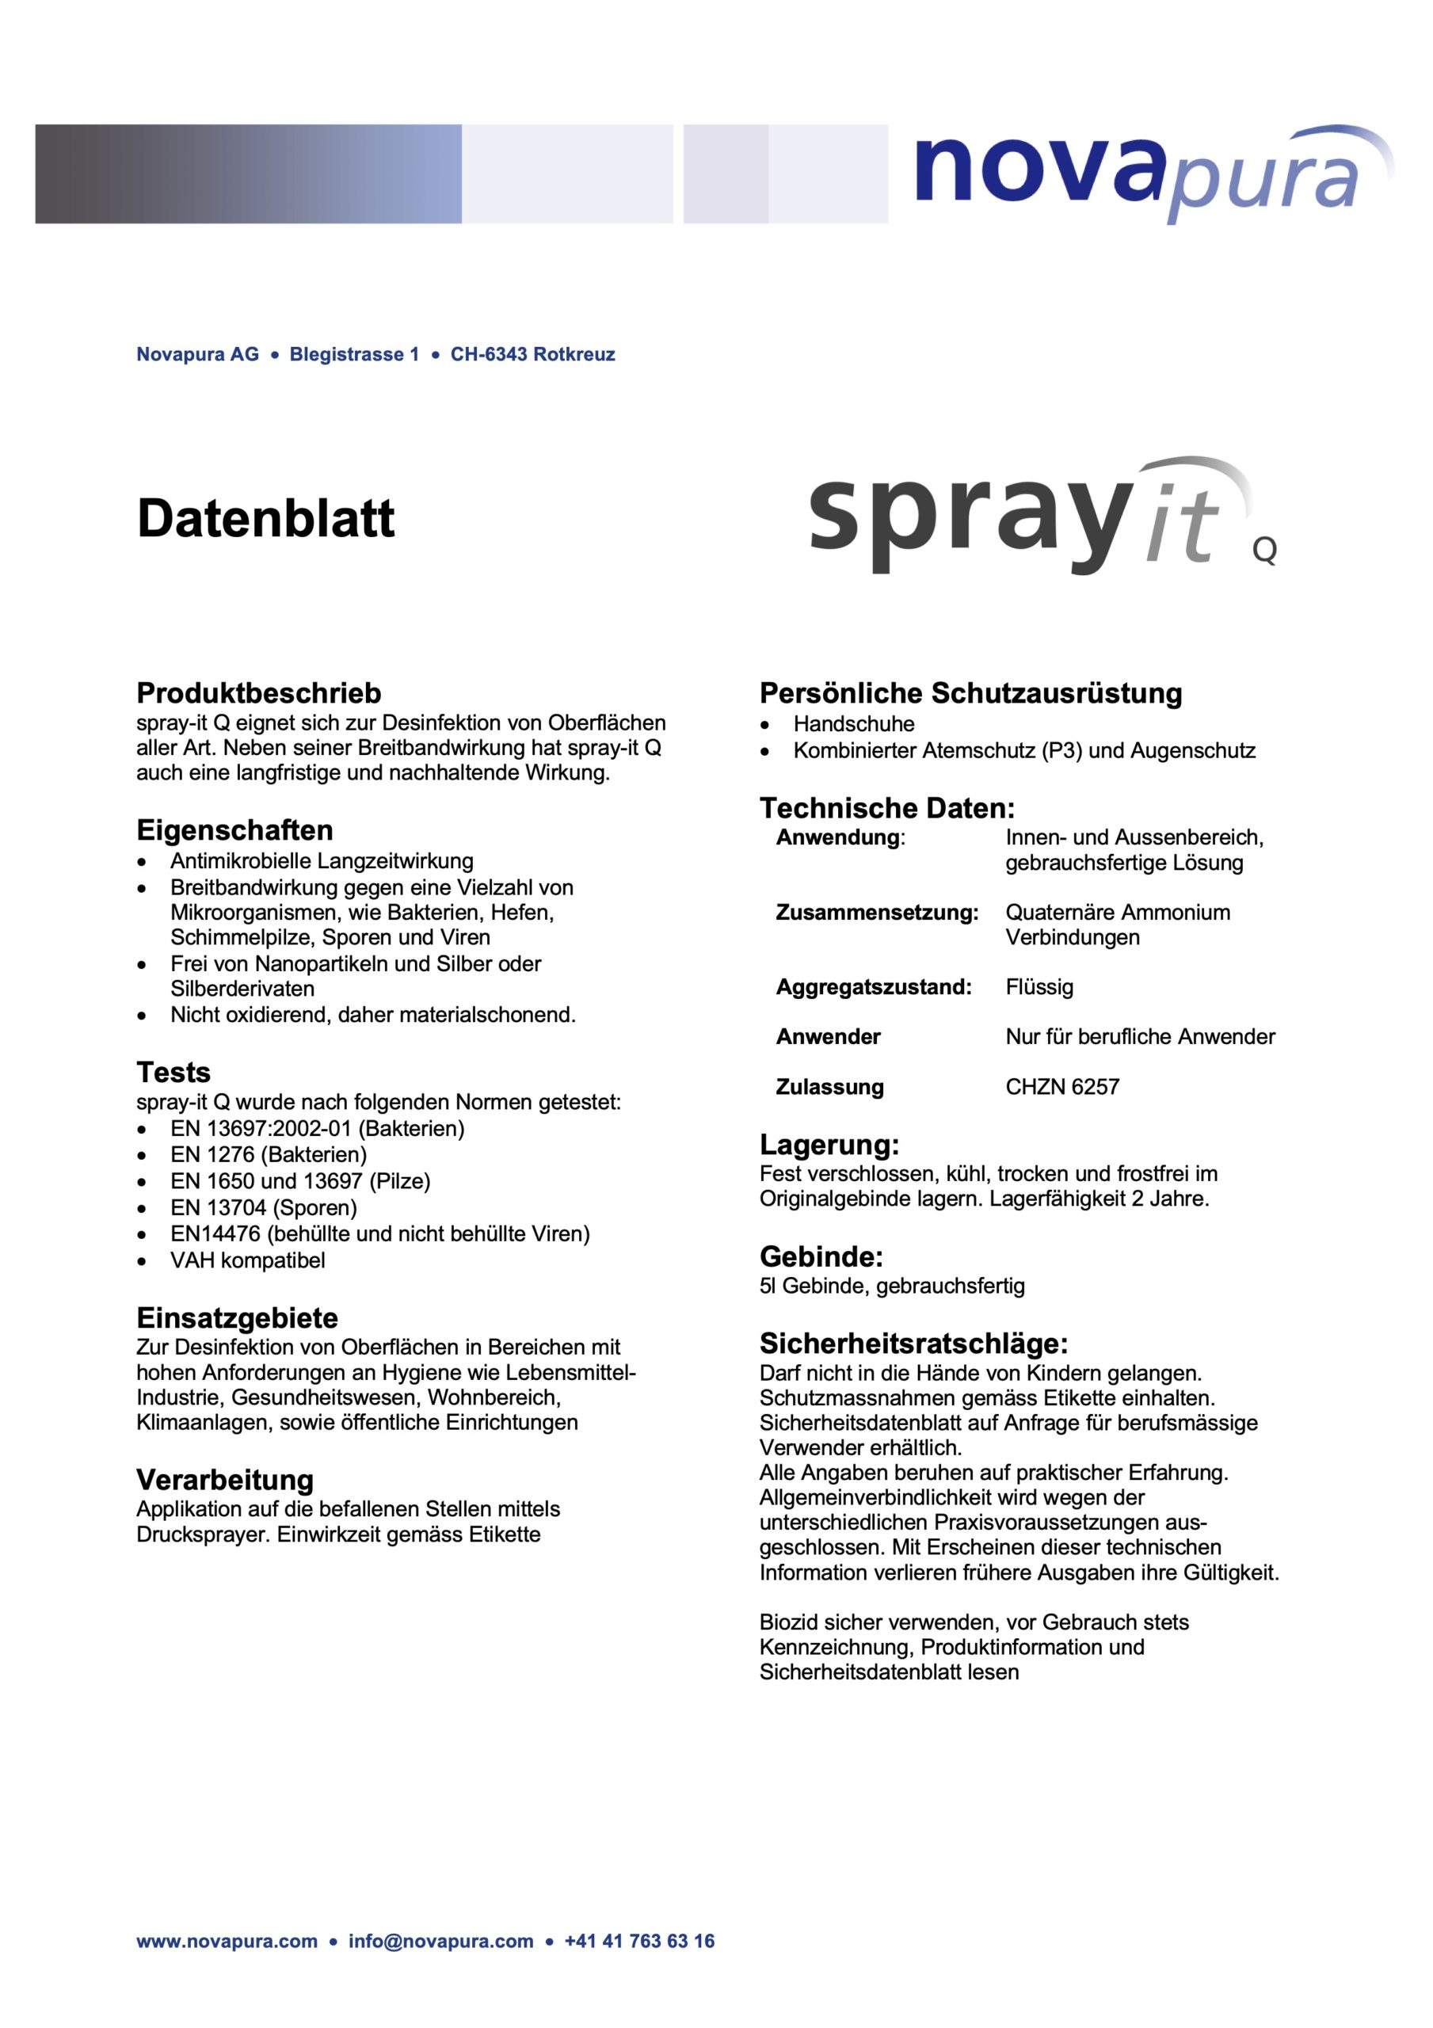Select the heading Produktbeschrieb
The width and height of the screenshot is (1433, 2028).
258,692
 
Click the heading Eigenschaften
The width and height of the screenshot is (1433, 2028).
234,830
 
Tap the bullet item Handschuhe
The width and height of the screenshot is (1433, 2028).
853,723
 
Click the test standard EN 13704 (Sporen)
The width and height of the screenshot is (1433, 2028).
263,1207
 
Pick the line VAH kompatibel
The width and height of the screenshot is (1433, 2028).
247,1260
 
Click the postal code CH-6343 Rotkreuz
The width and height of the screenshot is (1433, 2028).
533,354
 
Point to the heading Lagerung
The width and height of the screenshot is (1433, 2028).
829,1145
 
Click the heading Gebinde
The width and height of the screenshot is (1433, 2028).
821,1256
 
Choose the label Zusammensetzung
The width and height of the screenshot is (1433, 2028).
876,913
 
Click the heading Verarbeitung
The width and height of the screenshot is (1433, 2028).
224,1480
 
